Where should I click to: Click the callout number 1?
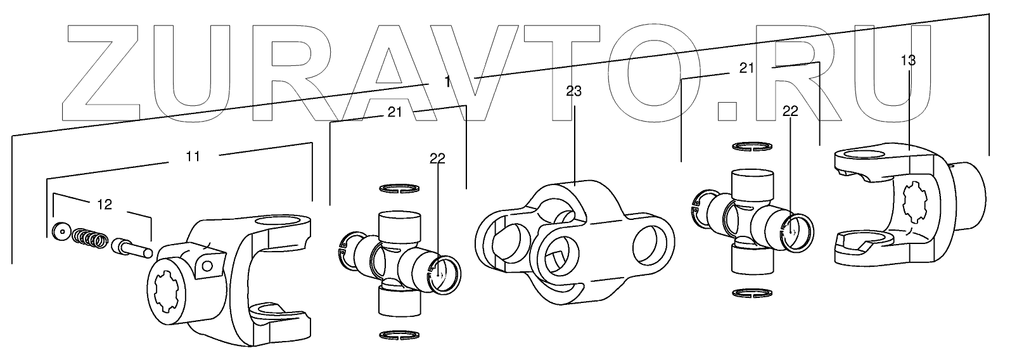pyautogui.click(x=448, y=82)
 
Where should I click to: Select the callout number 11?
pyautogui.click(x=193, y=156)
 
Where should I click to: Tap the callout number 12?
pyautogui.click(x=105, y=204)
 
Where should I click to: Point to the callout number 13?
pyautogui.click(x=907, y=61)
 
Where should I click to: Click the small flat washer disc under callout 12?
pyautogui.click(x=62, y=232)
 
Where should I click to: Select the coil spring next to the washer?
pyautogui.click(x=89, y=238)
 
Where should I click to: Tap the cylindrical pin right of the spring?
pyautogui.click(x=131, y=246)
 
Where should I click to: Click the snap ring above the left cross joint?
pyautogui.click(x=399, y=188)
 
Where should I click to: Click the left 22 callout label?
pyautogui.click(x=437, y=159)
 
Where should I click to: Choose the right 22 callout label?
pyautogui.click(x=790, y=112)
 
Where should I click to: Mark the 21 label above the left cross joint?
pyautogui.click(x=395, y=112)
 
